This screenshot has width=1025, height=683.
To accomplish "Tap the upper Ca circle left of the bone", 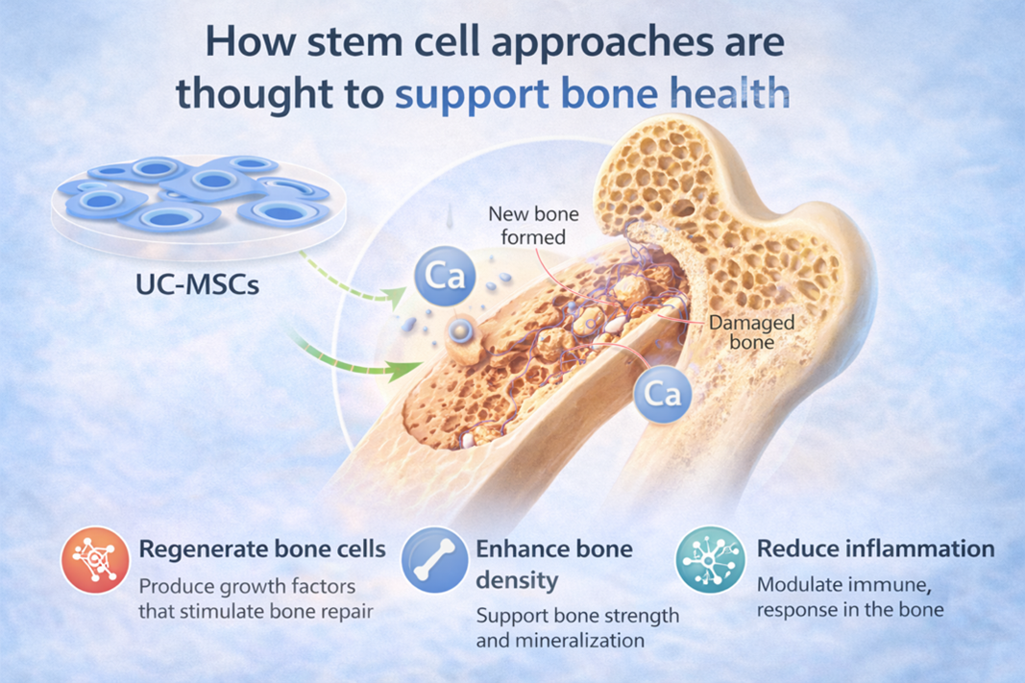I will click(x=443, y=278).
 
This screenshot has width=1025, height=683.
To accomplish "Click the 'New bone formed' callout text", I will click(x=534, y=225).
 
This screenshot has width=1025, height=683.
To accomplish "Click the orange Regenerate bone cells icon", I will click(x=94, y=560).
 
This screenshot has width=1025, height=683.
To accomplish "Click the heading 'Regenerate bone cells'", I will click(x=262, y=549).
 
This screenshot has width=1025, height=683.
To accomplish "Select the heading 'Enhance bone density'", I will click(x=554, y=565).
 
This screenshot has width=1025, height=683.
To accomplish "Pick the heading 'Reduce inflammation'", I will click(x=875, y=549).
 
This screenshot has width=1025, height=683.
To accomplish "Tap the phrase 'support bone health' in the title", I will click(x=593, y=94).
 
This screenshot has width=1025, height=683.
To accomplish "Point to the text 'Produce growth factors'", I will click(x=247, y=585).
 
